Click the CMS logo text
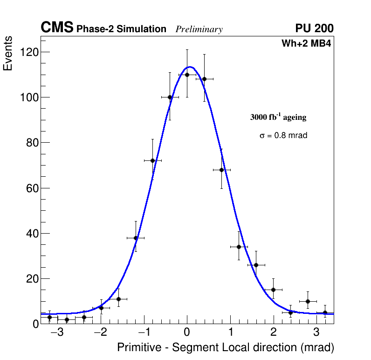(x=57, y=28)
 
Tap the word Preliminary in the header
(x=199, y=29)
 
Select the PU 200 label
(x=314, y=28)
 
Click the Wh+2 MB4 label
(x=306, y=44)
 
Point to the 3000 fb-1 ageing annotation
(x=278, y=117)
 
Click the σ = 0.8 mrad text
(x=283, y=136)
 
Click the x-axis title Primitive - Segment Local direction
(x=226, y=348)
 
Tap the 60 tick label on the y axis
(x=32, y=188)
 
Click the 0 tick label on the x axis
(x=187, y=333)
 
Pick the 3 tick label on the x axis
(x=316, y=333)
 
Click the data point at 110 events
(x=187, y=75)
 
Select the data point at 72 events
(x=152, y=160)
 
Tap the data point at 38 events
(x=136, y=238)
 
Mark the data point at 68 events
(x=221, y=170)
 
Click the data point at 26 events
(x=256, y=265)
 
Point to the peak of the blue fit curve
(x=190, y=67)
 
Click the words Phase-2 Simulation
(x=121, y=29)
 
